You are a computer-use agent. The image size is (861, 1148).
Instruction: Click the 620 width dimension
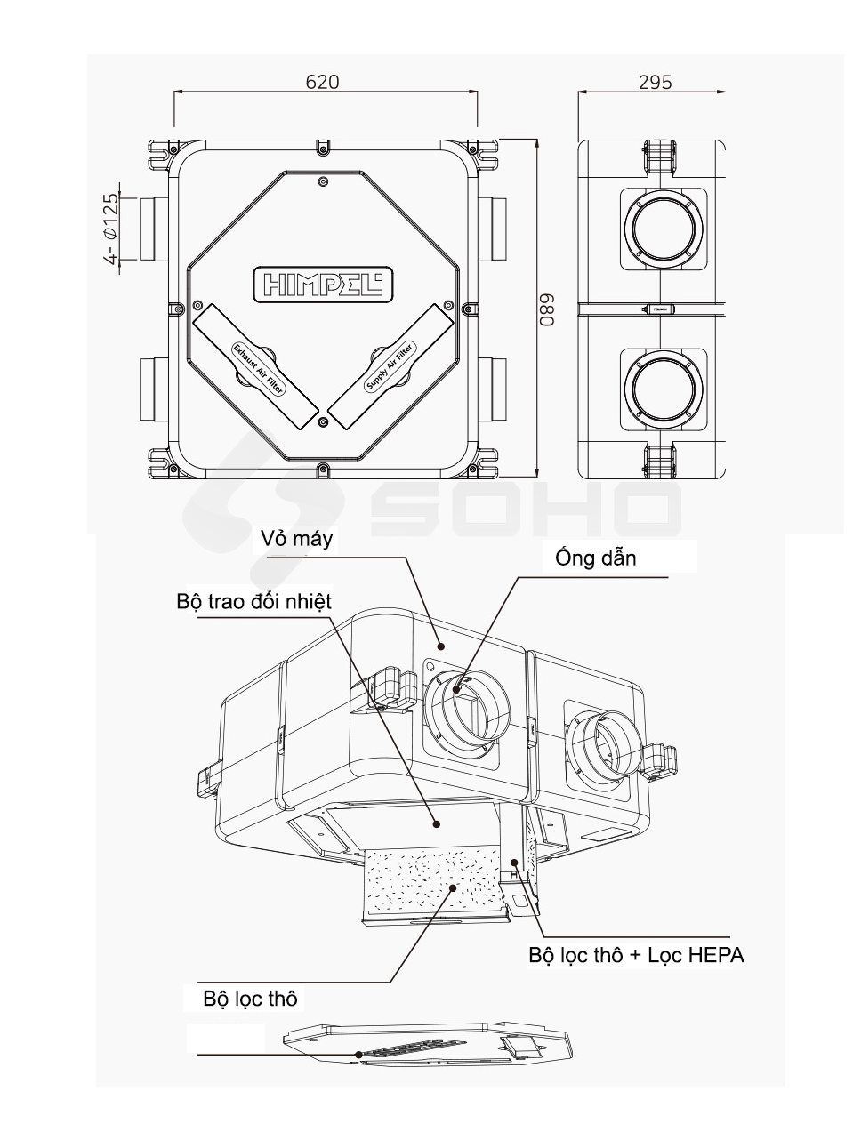tap(322, 82)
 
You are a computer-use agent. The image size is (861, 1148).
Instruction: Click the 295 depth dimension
tap(655, 82)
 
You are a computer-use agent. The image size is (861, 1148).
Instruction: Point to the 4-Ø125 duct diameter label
tap(110, 229)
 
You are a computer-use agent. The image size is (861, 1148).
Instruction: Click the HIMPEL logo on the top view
tap(322, 283)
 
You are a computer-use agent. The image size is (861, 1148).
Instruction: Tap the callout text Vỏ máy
tap(297, 538)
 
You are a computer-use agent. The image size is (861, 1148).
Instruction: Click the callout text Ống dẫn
tap(595, 558)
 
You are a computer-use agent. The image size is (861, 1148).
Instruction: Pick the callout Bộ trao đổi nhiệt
tap(253, 602)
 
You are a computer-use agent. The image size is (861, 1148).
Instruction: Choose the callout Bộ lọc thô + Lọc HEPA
tap(636, 956)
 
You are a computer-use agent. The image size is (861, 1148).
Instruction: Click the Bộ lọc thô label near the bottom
tap(250, 999)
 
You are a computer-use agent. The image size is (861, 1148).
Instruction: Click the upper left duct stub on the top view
tap(150, 229)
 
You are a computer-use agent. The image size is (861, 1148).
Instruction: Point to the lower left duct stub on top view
tap(150, 390)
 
